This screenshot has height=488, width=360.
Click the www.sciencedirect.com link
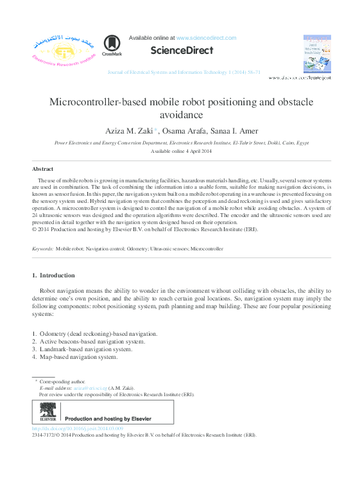click(x=206, y=38)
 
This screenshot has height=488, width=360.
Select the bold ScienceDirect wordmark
click(x=182, y=50)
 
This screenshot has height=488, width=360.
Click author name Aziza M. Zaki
click(x=128, y=131)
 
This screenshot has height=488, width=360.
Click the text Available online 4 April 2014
click(x=180, y=151)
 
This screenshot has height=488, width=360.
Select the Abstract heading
click(x=42, y=169)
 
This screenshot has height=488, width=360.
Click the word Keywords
click(x=42, y=248)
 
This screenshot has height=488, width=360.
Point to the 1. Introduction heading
click(x=53, y=275)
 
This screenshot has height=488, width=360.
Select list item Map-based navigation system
click(x=78, y=357)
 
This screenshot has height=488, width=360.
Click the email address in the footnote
click(x=89, y=388)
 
